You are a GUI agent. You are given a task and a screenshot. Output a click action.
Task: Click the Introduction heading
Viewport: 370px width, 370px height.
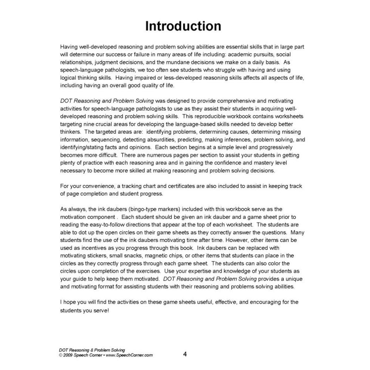coord(184,26)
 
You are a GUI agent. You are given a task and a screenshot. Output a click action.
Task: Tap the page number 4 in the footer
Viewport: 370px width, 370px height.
coord(185,354)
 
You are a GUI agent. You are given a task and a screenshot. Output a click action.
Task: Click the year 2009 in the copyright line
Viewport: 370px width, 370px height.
coord(70,355)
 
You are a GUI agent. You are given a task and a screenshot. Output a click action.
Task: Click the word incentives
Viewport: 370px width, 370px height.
coord(80,248)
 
